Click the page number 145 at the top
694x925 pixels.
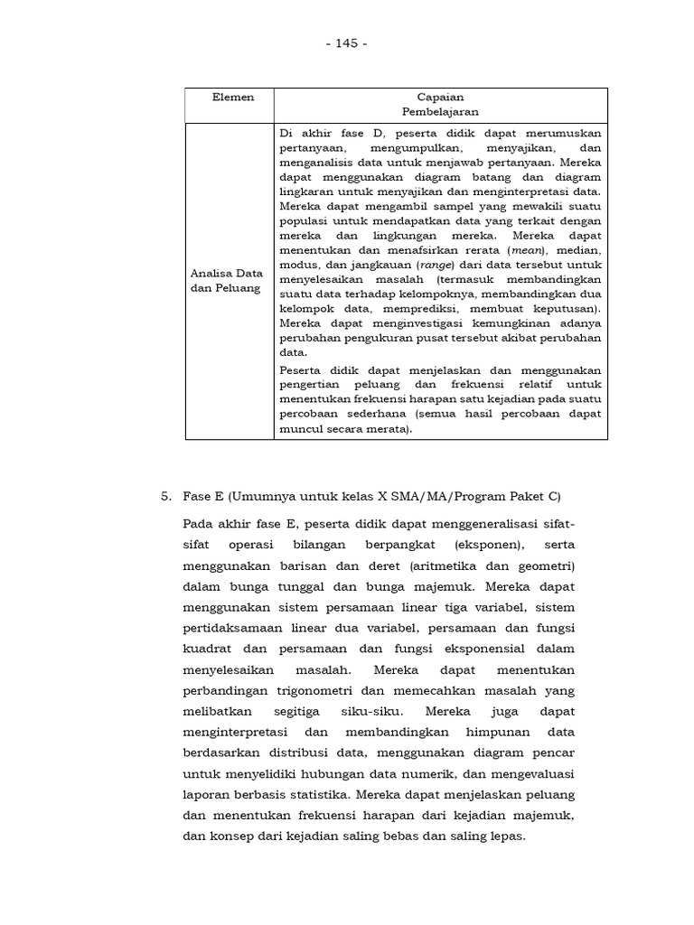click(x=347, y=43)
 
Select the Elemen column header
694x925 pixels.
click(x=232, y=97)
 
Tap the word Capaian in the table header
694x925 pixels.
click(x=440, y=97)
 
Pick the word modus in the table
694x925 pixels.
click(x=299, y=266)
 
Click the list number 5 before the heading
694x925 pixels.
click(x=165, y=496)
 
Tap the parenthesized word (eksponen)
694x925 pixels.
click(x=487, y=545)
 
